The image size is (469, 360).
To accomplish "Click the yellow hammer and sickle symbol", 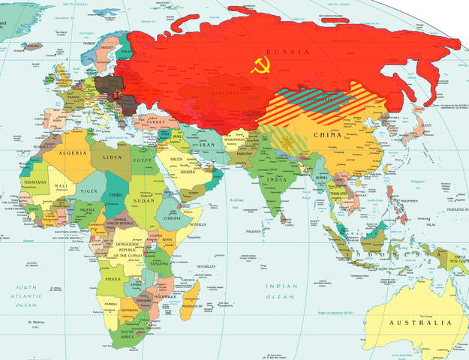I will (261, 64).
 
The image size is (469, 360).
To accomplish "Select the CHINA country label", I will (327, 136).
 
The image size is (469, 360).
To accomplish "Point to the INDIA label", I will (277, 179).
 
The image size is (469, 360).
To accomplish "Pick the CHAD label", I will (117, 195).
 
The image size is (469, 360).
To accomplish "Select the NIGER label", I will (88, 190).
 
